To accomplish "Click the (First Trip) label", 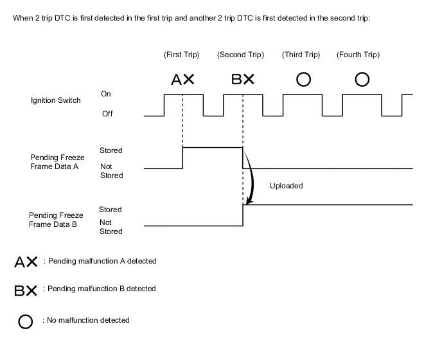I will coord(182,55).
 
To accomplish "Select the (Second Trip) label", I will coord(241,55).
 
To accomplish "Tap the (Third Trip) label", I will coord(301,55).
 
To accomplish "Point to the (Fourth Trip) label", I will coord(358,55).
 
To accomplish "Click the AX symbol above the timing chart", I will coord(182,80).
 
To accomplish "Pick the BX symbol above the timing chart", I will coord(243,80).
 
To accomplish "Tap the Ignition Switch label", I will coord(56,100).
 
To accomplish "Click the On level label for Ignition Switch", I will coord(106,94).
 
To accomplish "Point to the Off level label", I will coord(107,114).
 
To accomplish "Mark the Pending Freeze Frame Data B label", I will coord(56,220).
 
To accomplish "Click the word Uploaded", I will coord(286,186).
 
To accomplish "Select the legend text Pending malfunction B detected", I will coord(102,289).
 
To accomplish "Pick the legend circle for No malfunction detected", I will coord(26,321).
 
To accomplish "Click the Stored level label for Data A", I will coord(110,150).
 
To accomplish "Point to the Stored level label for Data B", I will coord(110,210).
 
